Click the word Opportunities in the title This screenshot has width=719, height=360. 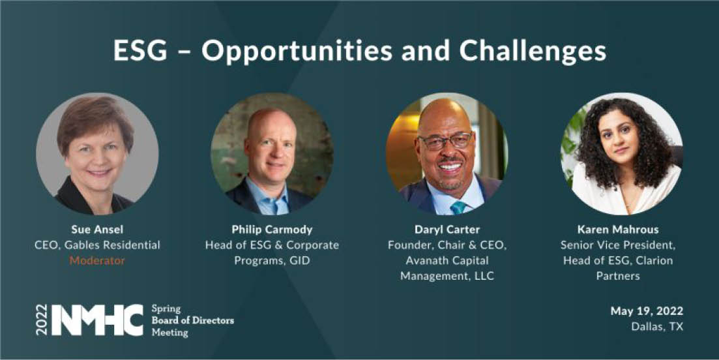click(297, 51)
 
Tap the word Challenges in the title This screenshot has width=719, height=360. click(533, 51)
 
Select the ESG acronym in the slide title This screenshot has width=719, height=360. click(140, 50)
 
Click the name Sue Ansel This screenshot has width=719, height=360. click(97, 230)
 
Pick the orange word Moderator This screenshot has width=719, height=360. click(97, 260)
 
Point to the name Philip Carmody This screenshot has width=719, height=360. click(272, 230)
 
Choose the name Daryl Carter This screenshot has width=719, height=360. click(447, 230)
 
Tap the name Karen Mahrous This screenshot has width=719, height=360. click(618, 230)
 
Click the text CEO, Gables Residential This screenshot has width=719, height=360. click(97, 245)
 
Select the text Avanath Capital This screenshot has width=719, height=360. click(447, 260)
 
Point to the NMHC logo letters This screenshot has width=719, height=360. click(96, 320)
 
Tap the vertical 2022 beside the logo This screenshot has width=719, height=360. click(42, 320)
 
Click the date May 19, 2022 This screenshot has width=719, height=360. click(647, 311)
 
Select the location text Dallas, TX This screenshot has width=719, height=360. click(657, 327)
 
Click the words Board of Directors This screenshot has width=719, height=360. click(192, 320)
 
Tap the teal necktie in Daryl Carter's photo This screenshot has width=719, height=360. click(458, 208)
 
